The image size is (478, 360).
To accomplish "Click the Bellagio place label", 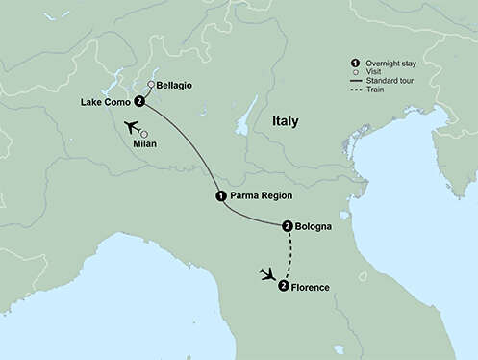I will [174, 85].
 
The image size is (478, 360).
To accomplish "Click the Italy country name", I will [285, 122].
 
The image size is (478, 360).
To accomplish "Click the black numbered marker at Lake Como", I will [140, 101].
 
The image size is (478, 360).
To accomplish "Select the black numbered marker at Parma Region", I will [221, 196].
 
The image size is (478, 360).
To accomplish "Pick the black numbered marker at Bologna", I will [288, 227].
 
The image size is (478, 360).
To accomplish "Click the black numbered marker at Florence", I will [283, 286].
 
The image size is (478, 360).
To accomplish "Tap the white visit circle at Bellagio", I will [151, 85].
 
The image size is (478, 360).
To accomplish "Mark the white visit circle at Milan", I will [145, 134].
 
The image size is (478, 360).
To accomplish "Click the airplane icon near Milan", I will [131, 128].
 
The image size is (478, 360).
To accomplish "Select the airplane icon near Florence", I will [266, 274].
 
